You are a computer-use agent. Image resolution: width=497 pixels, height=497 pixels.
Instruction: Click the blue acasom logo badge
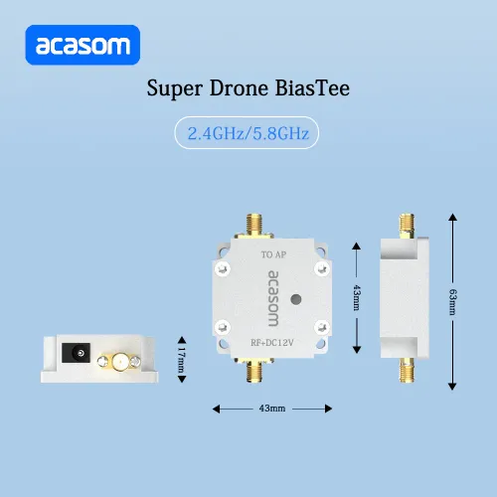pyautogui.click(x=83, y=45)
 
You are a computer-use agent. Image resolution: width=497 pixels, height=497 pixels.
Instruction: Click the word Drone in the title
pyautogui.click(x=239, y=88)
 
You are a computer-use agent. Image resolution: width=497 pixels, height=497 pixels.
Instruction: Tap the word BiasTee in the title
pyautogui.click(x=312, y=88)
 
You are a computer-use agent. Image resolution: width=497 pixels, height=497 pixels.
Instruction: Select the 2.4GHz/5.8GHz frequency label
pyautogui.click(x=248, y=133)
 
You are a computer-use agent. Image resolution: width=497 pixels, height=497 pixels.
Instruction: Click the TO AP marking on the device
pyautogui.click(x=273, y=254)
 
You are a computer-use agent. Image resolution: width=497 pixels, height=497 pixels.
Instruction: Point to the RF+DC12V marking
pyautogui.click(x=272, y=343)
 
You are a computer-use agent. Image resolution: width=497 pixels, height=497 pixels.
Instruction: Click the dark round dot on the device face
pyautogui.click(x=296, y=299)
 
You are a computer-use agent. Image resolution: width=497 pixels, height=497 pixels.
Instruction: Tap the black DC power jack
pyautogui.click(x=77, y=353)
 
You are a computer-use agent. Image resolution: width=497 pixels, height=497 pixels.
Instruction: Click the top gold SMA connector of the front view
pyautogui.click(x=254, y=226)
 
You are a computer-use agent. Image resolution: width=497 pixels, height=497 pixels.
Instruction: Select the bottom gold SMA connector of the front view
pyautogui.click(x=254, y=371)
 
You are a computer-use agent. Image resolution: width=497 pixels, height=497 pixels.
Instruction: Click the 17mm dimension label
pyautogui.click(x=182, y=360)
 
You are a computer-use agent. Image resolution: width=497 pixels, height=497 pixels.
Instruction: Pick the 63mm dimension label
pyautogui.click(x=452, y=302)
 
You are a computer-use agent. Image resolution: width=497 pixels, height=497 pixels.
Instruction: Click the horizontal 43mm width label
pyautogui.click(x=272, y=409)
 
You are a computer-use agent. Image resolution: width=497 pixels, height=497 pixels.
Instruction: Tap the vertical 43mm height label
pyautogui.click(x=357, y=297)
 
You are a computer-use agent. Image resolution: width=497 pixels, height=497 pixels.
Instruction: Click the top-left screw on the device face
pyautogui.click(x=223, y=268)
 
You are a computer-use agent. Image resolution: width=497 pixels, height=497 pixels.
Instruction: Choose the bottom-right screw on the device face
pyautogui.click(x=322, y=328)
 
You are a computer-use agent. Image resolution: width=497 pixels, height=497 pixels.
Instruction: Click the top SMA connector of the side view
pyautogui.click(x=407, y=226)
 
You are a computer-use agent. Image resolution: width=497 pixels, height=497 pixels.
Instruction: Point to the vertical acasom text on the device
pyautogui.click(x=273, y=298)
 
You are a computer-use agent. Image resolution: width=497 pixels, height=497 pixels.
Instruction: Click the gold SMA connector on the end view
pyautogui.click(x=119, y=362)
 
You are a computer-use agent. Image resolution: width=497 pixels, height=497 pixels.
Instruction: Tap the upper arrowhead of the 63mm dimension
pyautogui.click(x=452, y=218)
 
